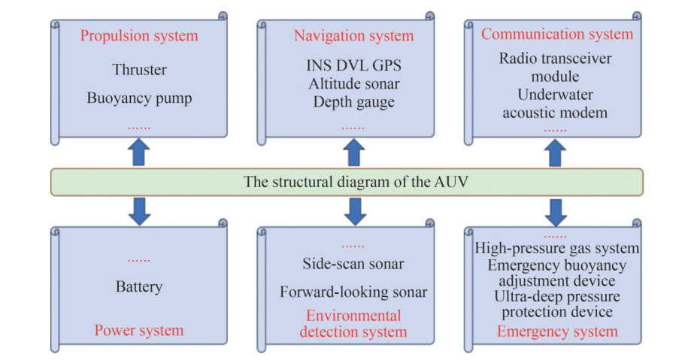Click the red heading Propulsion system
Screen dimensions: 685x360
pyautogui.click(x=139, y=36)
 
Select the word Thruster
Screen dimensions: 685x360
pyautogui.click(x=139, y=69)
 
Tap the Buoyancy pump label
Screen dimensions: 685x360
pyautogui.click(x=139, y=98)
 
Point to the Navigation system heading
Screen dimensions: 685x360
pyautogui.click(x=354, y=36)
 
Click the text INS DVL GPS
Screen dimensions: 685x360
pyautogui.click(x=354, y=65)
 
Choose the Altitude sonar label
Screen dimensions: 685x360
pyautogui.click(x=354, y=83)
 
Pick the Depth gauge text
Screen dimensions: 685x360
pyautogui.click(x=354, y=102)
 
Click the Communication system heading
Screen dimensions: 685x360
pyautogui.click(x=557, y=34)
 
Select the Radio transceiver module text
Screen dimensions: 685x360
pyautogui.click(x=555, y=68)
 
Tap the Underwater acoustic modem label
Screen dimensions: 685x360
pyautogui.click(x=555, y=104)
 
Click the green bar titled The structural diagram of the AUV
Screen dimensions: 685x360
pyautogui.click(x=347, y=182)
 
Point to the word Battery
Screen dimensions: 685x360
pyautogui.click(x=139, y=286)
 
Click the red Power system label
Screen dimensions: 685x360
pyautogui.click(x=139, y=330)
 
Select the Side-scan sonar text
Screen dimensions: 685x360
pyautogui.click(x=353, y=264)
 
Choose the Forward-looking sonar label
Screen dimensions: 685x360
pyautogui.click(x=353, y=292)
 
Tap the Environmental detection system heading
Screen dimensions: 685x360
pyautogui.click(x=353, y=324)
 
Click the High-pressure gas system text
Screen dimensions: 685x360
pyautogui.click(x=557, y=248)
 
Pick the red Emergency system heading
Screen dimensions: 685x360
pyautogui.click(x=557, y=331)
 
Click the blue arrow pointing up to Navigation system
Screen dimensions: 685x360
pyautogui.click(x=354, y=153)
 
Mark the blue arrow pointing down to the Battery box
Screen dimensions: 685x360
pyautogui.click(x=139, y=211)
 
